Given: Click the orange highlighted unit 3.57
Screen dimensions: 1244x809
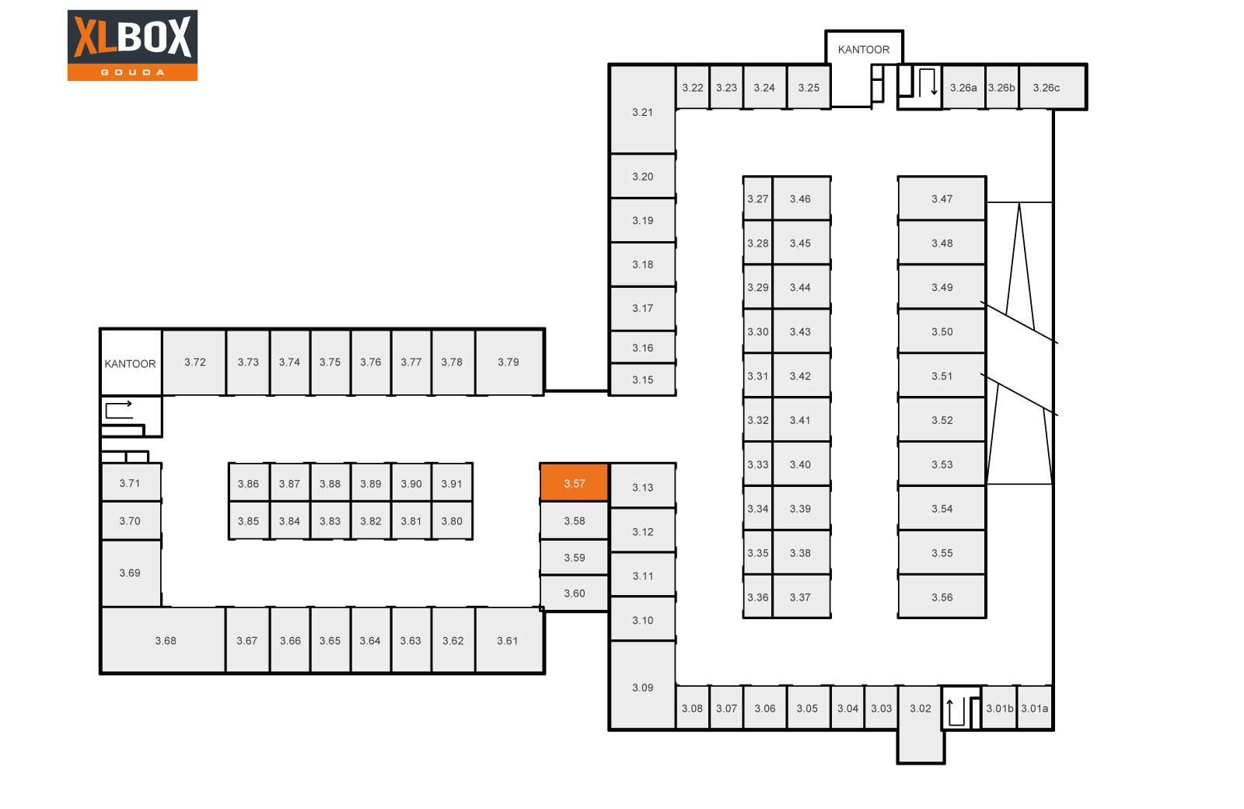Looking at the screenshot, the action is (x=575, y=483).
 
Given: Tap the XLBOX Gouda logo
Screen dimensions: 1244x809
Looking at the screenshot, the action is (x=132, y=45).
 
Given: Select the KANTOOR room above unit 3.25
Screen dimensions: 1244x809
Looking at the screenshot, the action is (x=864, y=50).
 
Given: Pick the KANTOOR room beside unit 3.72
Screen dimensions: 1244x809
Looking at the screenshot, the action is (x=131, y=362).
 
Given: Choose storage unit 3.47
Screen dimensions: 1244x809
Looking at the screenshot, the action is (x=942, y=198).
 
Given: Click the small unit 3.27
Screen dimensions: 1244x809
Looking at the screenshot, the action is (x=757, y=198).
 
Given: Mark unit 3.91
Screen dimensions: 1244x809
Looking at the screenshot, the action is (x=452, y=483).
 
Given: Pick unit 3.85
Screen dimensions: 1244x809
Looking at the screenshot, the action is (x=249, y=520).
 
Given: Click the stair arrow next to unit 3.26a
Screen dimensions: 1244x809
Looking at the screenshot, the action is (x=928, y=82).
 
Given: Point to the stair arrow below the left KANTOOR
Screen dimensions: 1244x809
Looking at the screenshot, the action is (x=118, y=409).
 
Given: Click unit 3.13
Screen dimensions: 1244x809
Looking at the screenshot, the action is (x=642, y=487).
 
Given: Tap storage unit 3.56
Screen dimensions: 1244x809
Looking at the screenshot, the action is (x=942, y=597).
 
